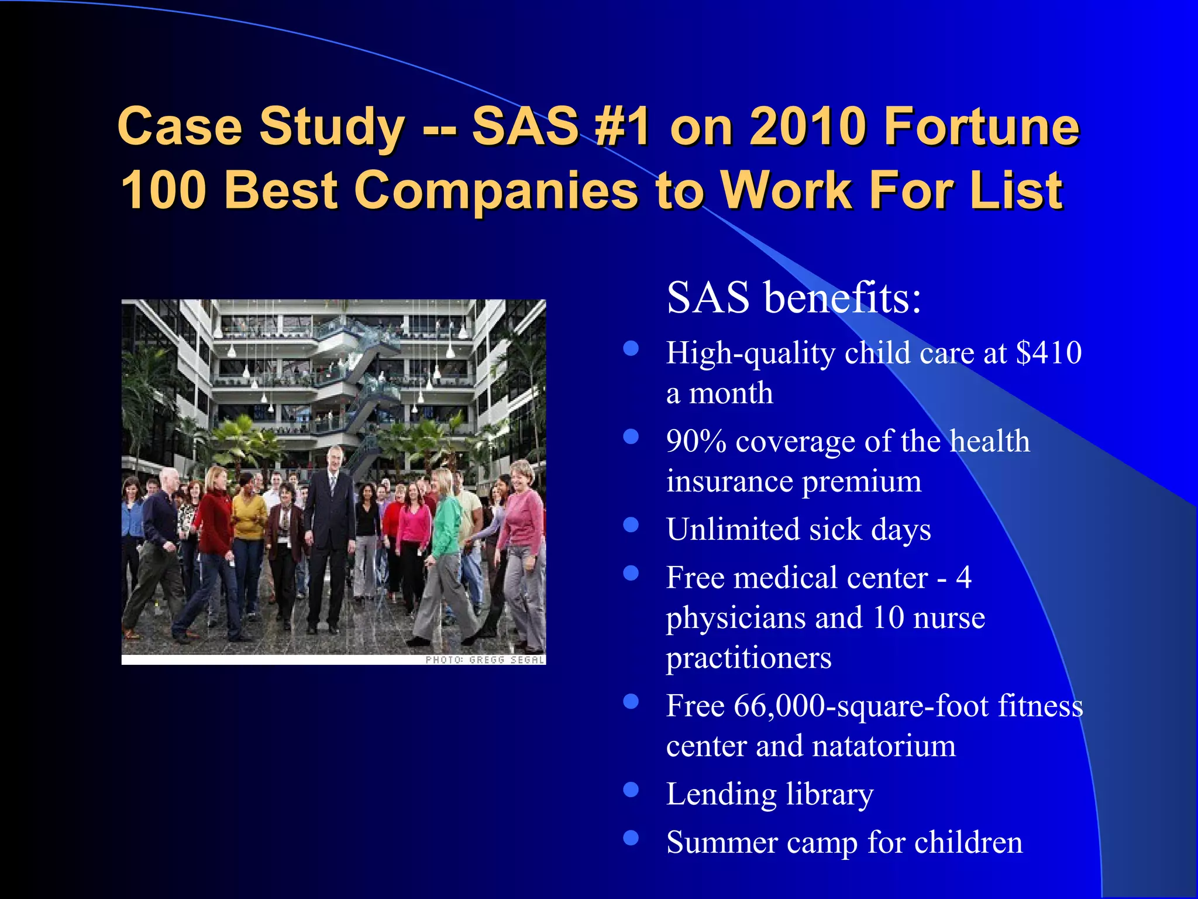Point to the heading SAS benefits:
coord(794,298)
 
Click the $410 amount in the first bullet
coord(1049,353)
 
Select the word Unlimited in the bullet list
coord(733,530)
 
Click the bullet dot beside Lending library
coord(631,790)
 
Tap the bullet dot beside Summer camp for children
coord(631,838)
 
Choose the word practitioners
coord(749,658)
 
